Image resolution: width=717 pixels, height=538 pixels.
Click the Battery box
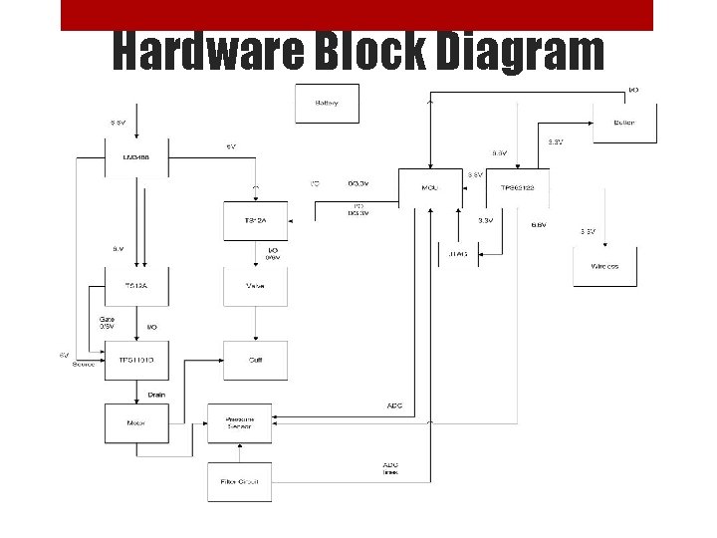click(327, 104)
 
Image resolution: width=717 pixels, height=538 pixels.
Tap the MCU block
click(430, 187)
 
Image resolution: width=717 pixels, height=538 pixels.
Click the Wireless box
click(604, 266)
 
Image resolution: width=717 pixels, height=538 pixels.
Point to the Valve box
click(255, 286)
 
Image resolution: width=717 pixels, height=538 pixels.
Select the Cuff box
click(255, 360)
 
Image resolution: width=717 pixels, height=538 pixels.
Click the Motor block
click(136, 422)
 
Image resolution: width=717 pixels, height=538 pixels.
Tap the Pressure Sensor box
click(239, 422)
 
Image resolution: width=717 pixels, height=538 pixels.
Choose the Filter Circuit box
click(239, 481)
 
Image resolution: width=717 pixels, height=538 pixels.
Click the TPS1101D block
click(136, 360)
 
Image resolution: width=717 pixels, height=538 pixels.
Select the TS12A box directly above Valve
click(255, 220)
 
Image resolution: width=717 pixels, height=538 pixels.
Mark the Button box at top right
click(624, 123)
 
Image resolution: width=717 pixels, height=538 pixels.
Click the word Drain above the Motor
click(156, 394)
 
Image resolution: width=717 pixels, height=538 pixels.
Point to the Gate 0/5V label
click(107, 323)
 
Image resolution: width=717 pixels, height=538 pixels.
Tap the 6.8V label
click(539, 225)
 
